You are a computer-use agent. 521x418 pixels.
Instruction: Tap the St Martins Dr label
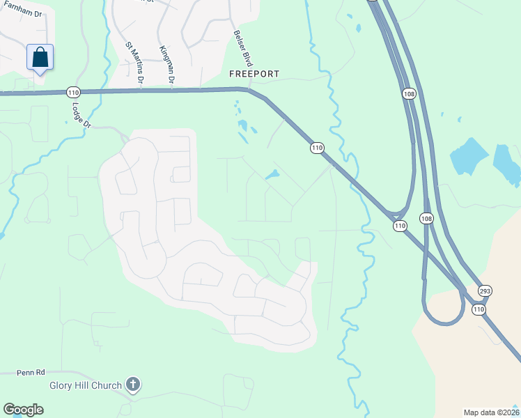click(x=134, y=63)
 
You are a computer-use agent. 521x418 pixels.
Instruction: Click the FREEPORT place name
click(x=254, y=74)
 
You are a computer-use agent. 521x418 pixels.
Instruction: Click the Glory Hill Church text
click(x=84, y=385)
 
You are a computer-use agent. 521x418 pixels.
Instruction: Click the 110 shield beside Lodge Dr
click(x=73, y=92)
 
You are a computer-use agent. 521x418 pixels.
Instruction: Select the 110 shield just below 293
click(x=479, y=309)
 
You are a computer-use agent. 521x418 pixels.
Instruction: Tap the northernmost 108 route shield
click(x=409, y=93)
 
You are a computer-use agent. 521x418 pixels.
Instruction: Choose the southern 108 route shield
click(x=426, y=219)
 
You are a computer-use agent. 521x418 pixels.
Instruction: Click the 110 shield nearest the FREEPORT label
click(x=317, y=148)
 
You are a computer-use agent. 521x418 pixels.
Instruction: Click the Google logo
click(x=23, y=410)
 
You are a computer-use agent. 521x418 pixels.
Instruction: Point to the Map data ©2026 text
click(x=491, y=412)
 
